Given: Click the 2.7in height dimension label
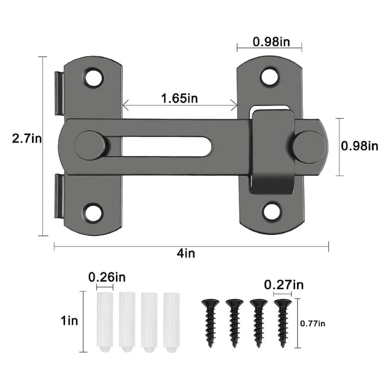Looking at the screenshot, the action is click(x=27, y=138).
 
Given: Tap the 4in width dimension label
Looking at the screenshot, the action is click(x=186, y=253).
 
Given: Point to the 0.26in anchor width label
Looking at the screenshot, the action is click(x=107, y=277).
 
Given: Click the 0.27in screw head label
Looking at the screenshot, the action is click(x=284, y=285).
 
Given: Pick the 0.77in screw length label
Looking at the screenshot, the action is click(x=313, y=324).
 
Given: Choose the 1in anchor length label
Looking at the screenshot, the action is click(x=69, y=321).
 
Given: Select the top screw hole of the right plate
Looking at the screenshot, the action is click(x=270, y=76).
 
